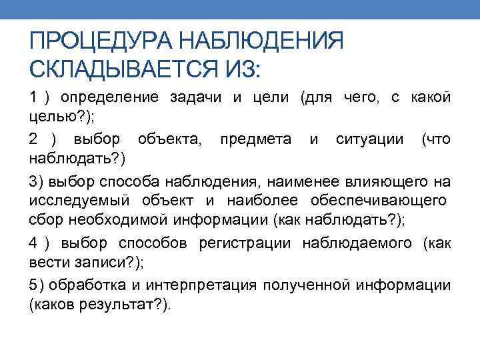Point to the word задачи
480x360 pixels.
tap(197, 98)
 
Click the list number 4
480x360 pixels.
tap(33, 243)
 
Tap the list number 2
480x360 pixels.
tap(33, 139)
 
